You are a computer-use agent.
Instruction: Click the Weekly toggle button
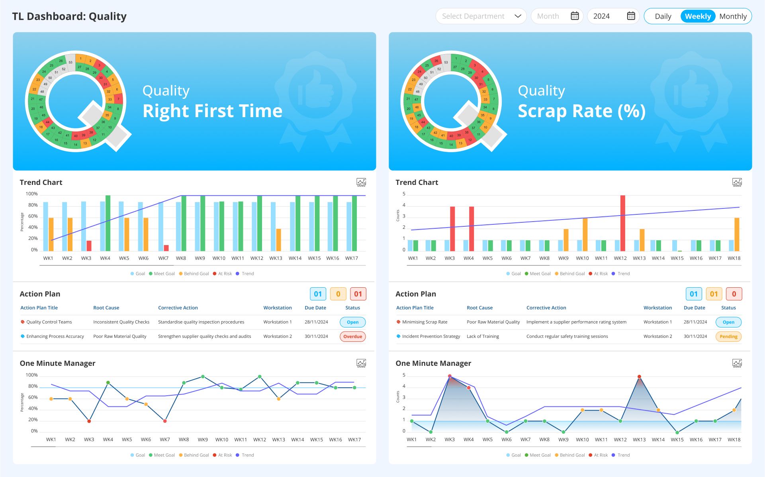(698, 16)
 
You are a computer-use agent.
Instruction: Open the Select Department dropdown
(481, 16)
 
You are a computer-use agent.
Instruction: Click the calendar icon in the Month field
(575, 16)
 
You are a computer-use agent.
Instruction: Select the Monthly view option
(733, 16)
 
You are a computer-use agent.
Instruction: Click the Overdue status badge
(352, 336)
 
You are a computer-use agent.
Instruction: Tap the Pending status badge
(728, 336)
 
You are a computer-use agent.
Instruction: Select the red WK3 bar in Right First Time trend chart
(89, 245)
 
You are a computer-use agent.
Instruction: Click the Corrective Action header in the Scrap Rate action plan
(546, 308)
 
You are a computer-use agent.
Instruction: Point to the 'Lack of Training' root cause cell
(483, 336)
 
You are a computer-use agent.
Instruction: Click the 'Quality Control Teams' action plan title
(49, 322)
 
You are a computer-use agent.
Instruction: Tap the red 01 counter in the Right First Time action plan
(358, 294)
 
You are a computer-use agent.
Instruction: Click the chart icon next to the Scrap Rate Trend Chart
(737, 183)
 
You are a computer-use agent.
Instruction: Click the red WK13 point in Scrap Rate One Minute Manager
(639, 377)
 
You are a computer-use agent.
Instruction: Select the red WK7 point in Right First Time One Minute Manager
(165, 421)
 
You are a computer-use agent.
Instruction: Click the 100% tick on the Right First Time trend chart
(31, 194)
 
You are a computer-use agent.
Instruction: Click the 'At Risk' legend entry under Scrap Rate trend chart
(601, 274)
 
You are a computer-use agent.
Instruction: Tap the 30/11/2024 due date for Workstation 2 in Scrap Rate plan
(695, 336)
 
